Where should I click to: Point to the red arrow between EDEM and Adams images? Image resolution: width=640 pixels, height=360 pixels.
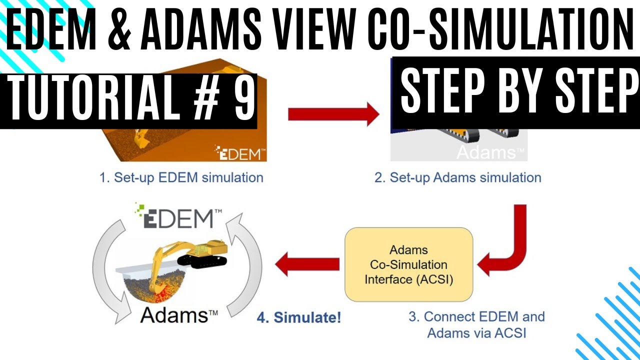click(x=333, y=114)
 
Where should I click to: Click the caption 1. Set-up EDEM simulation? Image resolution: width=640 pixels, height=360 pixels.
click(x=181, y=177)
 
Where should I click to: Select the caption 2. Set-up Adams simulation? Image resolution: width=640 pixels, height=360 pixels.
click(x=457, y=177)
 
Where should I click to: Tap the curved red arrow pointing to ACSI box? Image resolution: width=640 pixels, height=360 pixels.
click(x=505, y=240)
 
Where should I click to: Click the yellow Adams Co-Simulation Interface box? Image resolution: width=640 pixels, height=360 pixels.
click(x=408, y=264)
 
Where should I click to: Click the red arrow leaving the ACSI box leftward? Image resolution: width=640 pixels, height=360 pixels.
click(x=306, y=264)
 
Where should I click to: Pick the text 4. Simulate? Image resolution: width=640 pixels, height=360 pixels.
click(x=298, y=317)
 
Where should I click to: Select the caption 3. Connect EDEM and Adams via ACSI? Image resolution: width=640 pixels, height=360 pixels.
click(x=476, y=324)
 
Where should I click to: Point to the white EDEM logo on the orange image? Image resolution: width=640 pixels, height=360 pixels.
click(x=240, y=152)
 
